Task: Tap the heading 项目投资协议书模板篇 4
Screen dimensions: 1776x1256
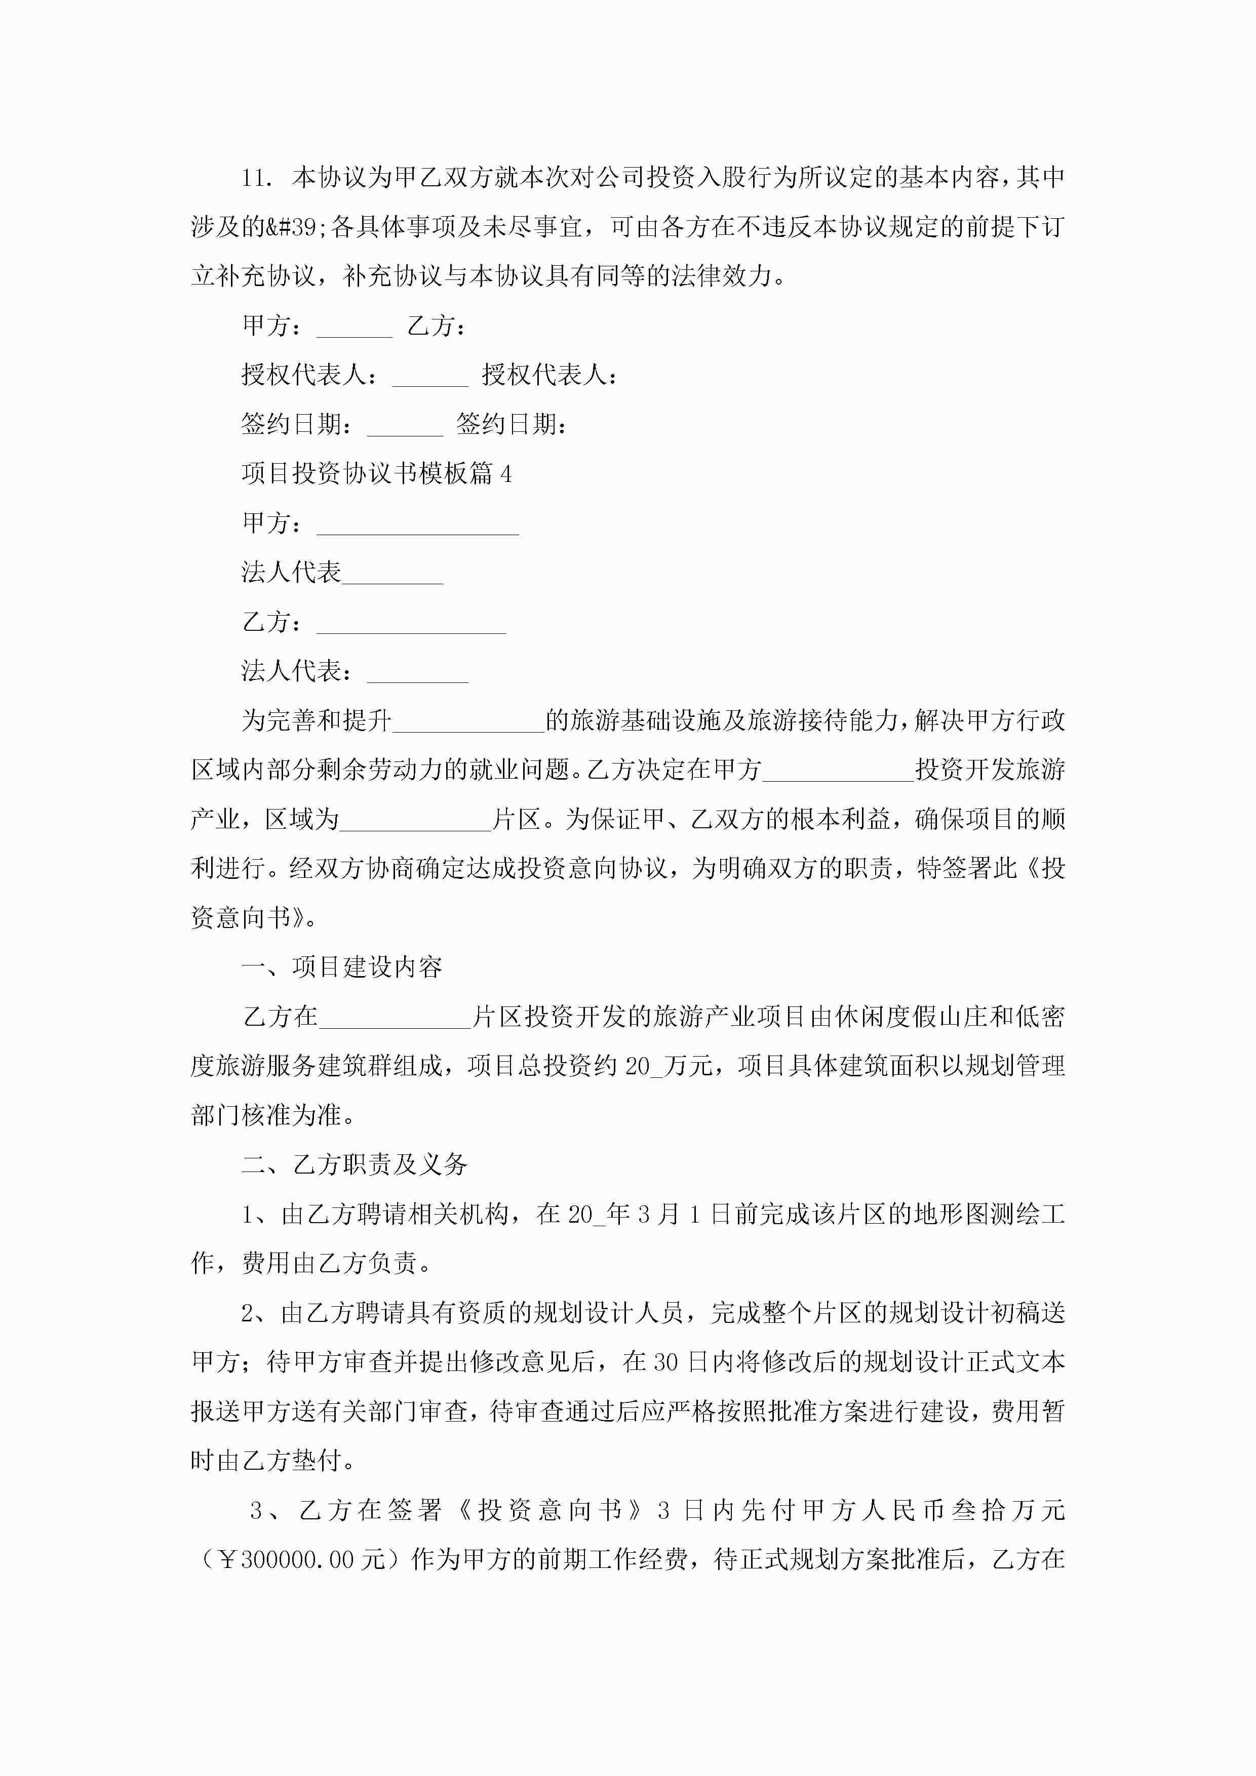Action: pyautogui.click(x=376, y=473)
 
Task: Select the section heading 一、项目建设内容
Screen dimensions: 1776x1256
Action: pyautogui.click(x=342, y=967)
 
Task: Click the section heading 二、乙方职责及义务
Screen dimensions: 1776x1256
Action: pyautogui.click(x=355, y=1164)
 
